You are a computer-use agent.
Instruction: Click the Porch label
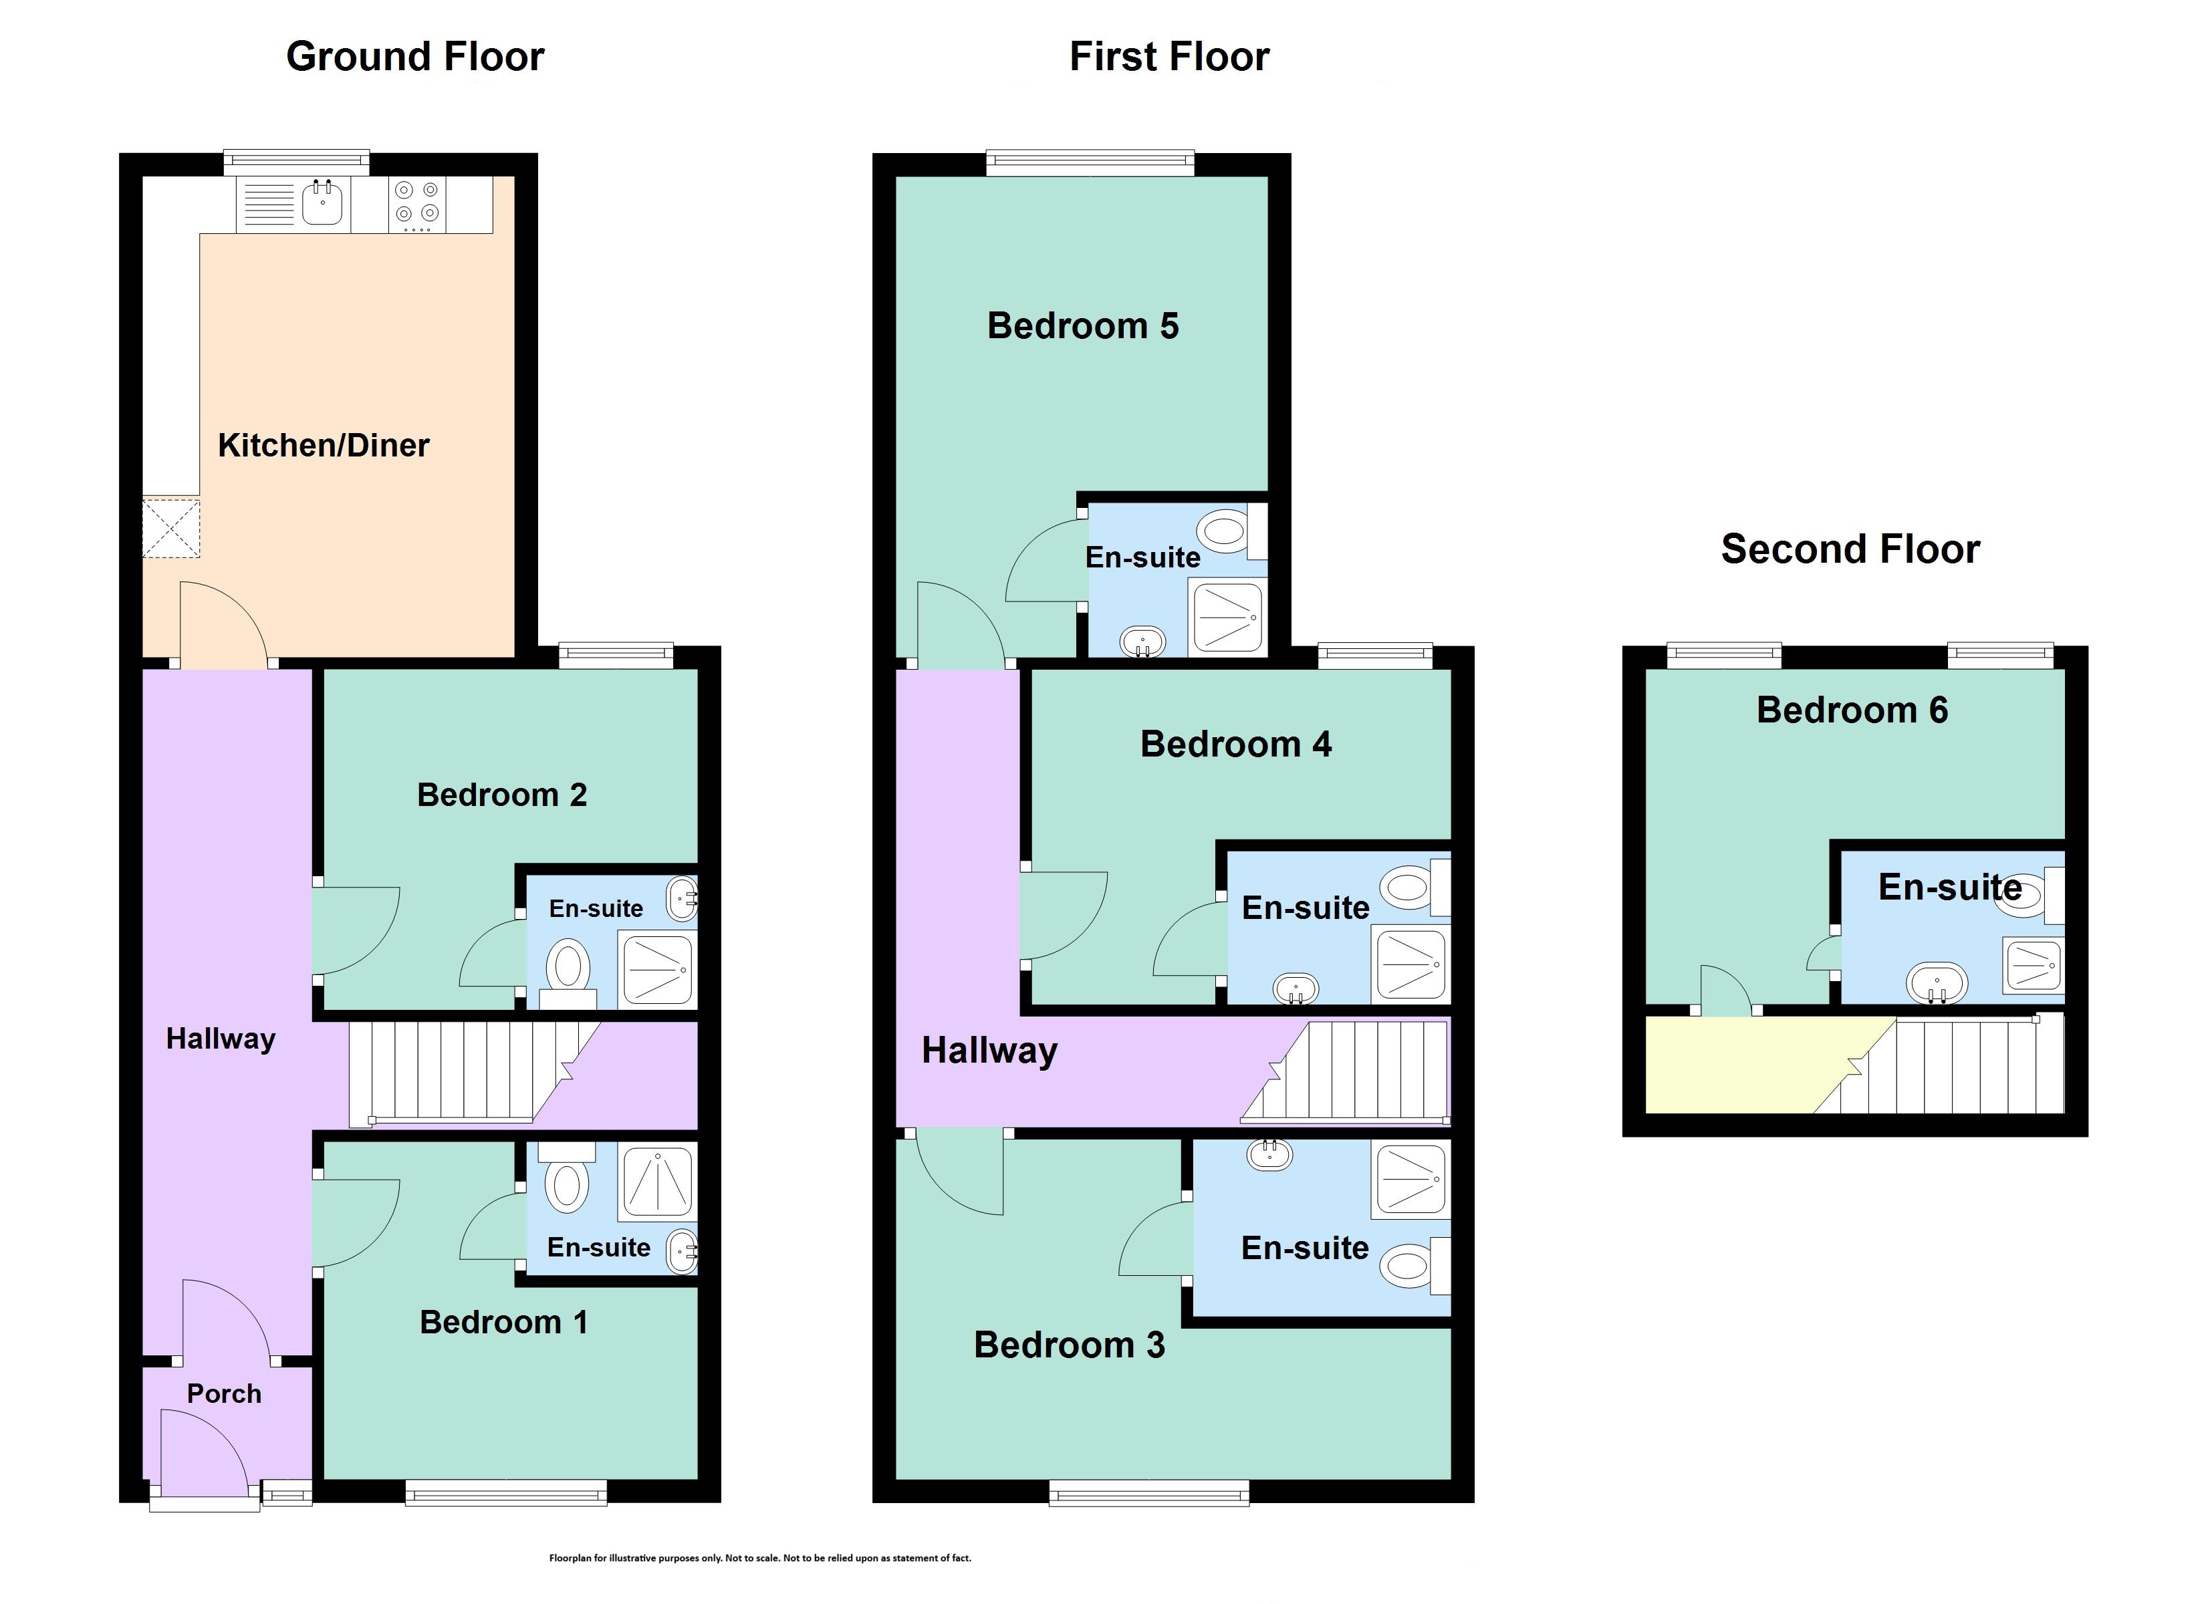coord(224,1394)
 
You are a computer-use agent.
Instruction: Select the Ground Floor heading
coord(415,56)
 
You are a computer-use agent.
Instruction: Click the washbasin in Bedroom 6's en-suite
coord(1937,983)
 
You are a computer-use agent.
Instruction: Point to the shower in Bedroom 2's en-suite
coord(658,969)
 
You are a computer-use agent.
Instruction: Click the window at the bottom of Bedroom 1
coord(506,1492)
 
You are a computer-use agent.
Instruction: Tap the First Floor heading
coord(1169,56)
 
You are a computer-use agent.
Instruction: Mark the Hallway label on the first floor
coord(989,1051)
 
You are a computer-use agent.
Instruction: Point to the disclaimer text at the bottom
coord(759,1557)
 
